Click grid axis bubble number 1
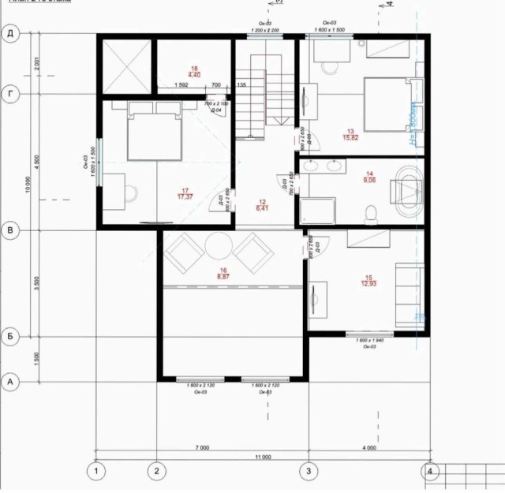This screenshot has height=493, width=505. [x=96, y=472]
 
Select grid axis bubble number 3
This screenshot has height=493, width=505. [x=309, y=472]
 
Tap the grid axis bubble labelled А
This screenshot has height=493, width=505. [x=11, y=382]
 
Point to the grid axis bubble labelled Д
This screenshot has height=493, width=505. [x=11, y=33]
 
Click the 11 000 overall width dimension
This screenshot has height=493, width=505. [x=263, y=457]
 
